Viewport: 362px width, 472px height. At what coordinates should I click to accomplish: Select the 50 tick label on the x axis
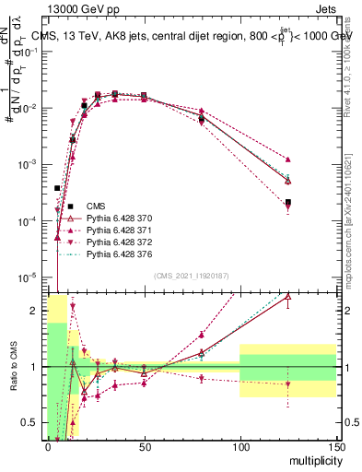144,445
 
